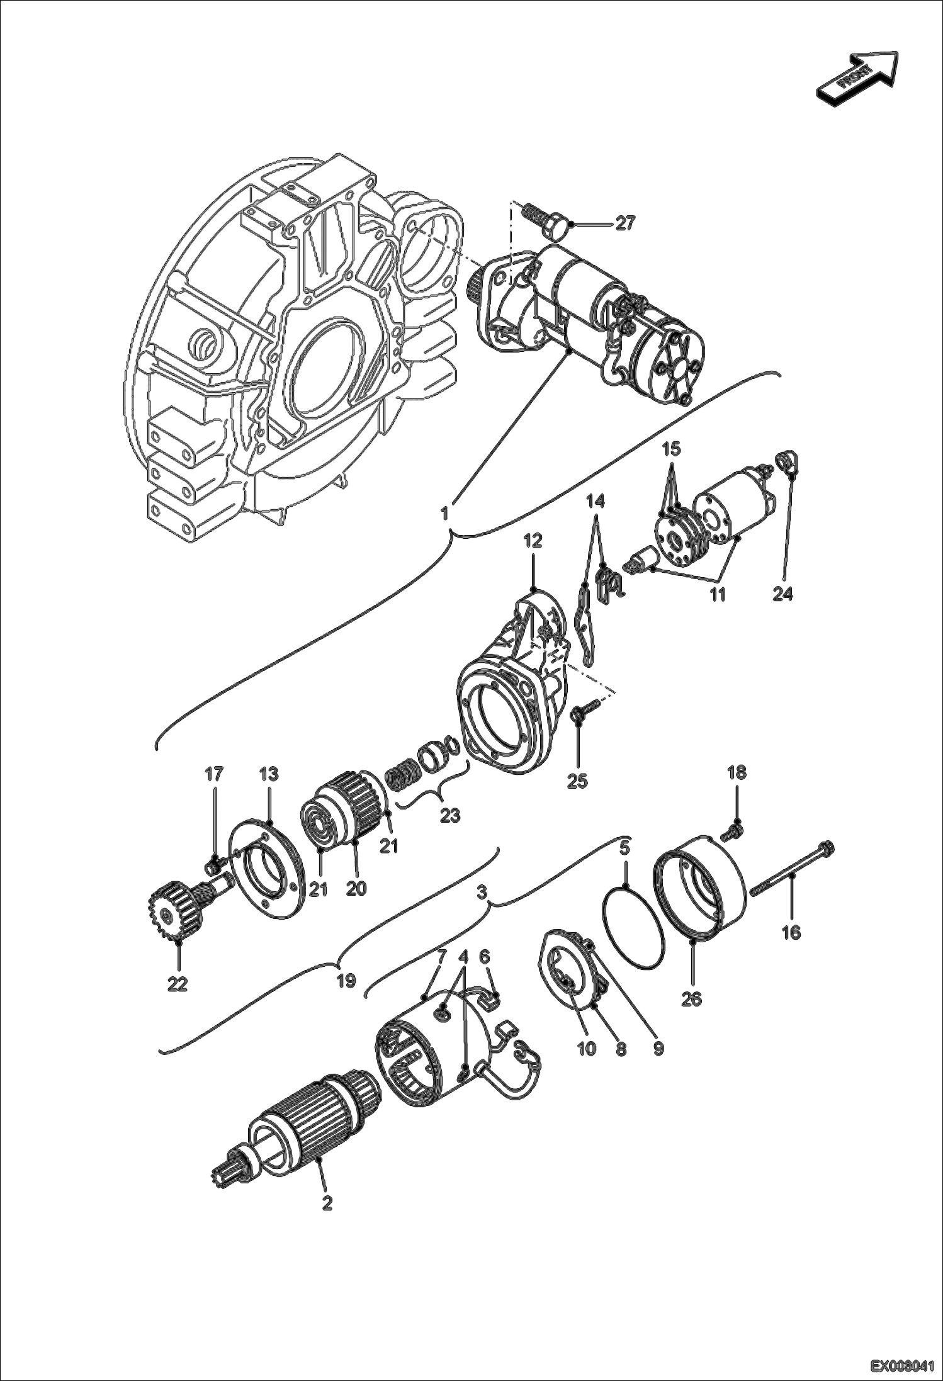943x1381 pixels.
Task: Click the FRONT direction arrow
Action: pos(857,76)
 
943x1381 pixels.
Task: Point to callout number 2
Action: pos(327,1203)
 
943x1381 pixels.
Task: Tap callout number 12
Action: pos(533,543)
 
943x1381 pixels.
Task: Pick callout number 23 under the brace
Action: pos(450,815)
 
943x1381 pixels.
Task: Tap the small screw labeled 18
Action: pos(733,833)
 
